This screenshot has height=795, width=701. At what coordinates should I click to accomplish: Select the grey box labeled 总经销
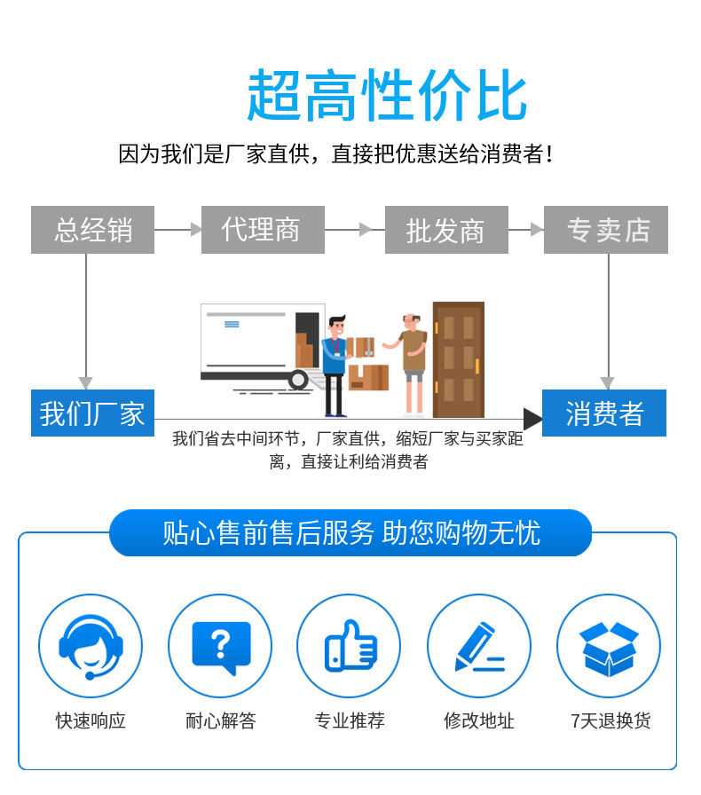pyautogui.click(x=92, y=230)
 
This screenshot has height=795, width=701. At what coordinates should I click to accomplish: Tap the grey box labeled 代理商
pyautogui.click(x=263, y=230)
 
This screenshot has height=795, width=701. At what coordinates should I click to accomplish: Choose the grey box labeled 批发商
pyautogui.click(x=445, y=230)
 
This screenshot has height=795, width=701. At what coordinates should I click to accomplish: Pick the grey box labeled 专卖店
pyautogui.click(x=606, y=230)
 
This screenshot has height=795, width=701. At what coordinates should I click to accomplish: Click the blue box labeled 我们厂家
pyautogui.click(x=92, y=413)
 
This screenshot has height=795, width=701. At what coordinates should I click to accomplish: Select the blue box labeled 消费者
pyautogui.click(x=604, y=413)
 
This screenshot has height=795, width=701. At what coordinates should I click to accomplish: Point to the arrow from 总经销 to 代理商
pyautogui.click(x=177, y=230)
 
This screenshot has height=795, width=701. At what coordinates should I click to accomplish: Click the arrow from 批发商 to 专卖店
pyautogui.click(x=526, y=230)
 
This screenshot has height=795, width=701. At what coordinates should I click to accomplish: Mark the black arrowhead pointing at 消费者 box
pyautogui.click(x=532, y=419)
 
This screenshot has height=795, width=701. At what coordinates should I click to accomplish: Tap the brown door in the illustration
pyautogui.click(x=458, y=359)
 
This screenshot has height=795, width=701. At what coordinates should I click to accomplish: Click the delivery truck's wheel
pyautogui.click(x=298, y=380)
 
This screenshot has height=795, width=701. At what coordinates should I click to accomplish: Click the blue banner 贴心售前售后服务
pyautogui.click(x=350, y=532)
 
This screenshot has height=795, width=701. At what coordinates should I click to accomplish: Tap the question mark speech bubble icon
pyautogui.click(x=221, y=646)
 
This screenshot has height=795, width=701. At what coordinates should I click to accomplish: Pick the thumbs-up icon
pyautogui.click(x=350, y=646)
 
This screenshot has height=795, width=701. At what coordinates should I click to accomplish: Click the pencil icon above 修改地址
pyautogui.click(x=479, y=646)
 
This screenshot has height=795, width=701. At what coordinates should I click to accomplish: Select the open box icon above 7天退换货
pyautogui.click(x=609, y=646)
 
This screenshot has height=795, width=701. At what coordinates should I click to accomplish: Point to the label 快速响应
pyautogui.click(x=91, y=720)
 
